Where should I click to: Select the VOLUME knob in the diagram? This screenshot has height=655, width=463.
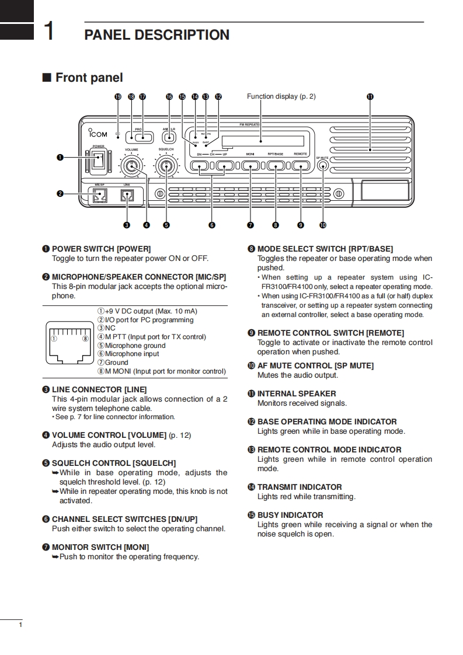coord(131,168)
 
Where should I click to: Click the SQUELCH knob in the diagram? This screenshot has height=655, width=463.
coord(166,168)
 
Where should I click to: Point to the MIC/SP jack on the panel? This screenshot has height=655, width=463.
coord(98,197)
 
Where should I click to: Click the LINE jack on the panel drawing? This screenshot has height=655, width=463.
coord(127,197)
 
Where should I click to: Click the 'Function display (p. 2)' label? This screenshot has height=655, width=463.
coord(281,96)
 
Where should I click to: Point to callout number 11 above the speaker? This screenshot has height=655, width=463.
coord(370,97)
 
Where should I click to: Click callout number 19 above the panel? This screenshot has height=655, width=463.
coord(118,97)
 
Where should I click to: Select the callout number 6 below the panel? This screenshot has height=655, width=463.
coord(211,225)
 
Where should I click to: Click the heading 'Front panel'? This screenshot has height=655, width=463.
coord(89,78)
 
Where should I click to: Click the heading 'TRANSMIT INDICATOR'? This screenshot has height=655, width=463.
coord(300,487)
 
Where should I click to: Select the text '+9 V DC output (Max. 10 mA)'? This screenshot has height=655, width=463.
coord(151,311)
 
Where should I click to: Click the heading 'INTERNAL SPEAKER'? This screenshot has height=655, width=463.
coord(297,393)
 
